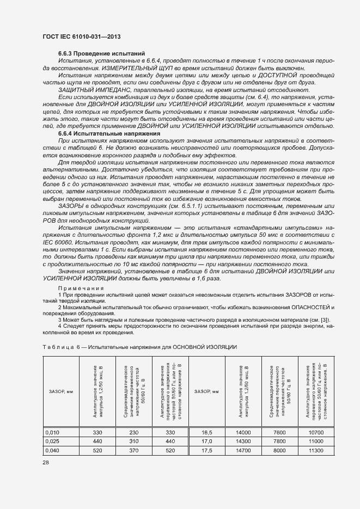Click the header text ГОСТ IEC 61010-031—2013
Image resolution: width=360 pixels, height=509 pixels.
[81, 36]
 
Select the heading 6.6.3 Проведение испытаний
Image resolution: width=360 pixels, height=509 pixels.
[101, 53]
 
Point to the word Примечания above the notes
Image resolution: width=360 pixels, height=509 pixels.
[81, 287]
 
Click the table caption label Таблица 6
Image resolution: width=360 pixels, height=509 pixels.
[57, 347]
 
